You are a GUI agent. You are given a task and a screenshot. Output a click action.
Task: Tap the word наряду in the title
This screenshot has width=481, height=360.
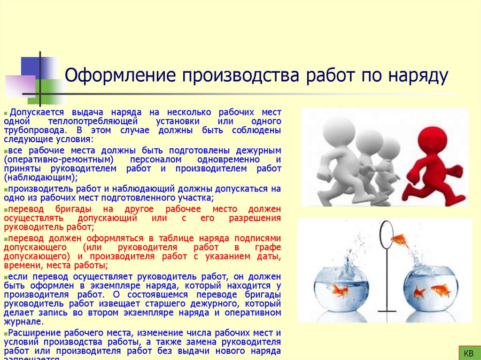(x=418, y=76)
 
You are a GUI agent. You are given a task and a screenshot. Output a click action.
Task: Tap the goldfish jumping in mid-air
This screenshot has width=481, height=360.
(x=400, y=240)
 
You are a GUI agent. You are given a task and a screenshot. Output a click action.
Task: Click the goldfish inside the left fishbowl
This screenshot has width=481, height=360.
(x=340, y=291)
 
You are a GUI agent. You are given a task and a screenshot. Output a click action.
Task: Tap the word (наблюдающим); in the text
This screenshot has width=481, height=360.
(x=40, y=178)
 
